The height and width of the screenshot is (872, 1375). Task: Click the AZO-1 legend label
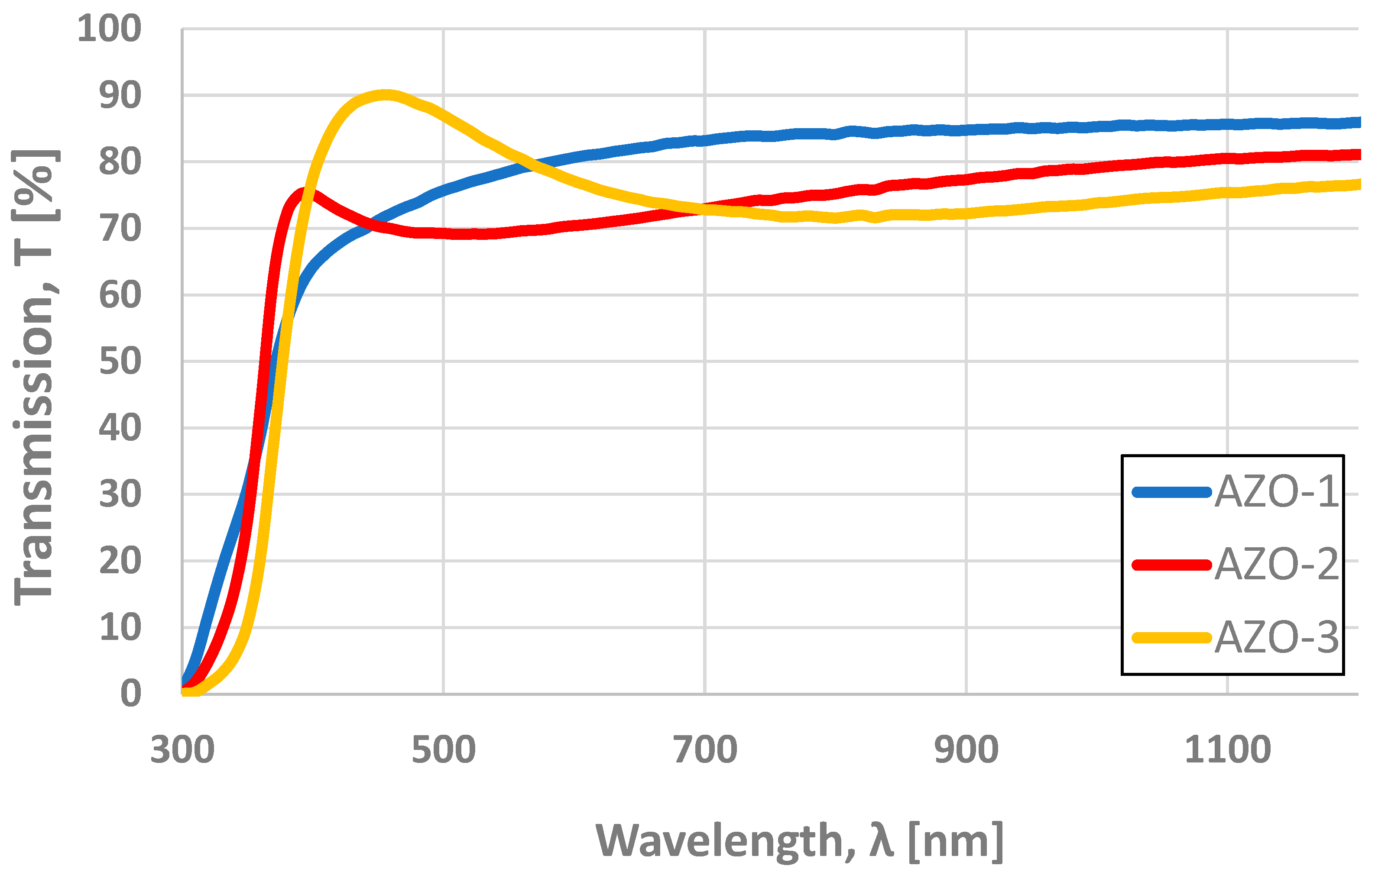point(1276,491)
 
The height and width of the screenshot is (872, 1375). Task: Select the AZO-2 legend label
point(1276,565)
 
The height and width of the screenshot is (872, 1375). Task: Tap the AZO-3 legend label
point(1276,637)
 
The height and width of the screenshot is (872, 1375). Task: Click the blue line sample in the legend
point(1171,492)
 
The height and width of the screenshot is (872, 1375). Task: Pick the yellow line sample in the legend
point(1171,637)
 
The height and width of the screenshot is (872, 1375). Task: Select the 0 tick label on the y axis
point(131,694)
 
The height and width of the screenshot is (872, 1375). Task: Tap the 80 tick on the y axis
point(120,162)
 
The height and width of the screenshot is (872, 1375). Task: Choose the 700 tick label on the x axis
point(705,750)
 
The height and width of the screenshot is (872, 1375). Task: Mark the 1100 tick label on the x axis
point(1228,750)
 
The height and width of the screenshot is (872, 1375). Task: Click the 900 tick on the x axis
point(966,750)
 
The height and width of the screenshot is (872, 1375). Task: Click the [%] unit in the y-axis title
point(34,185)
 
